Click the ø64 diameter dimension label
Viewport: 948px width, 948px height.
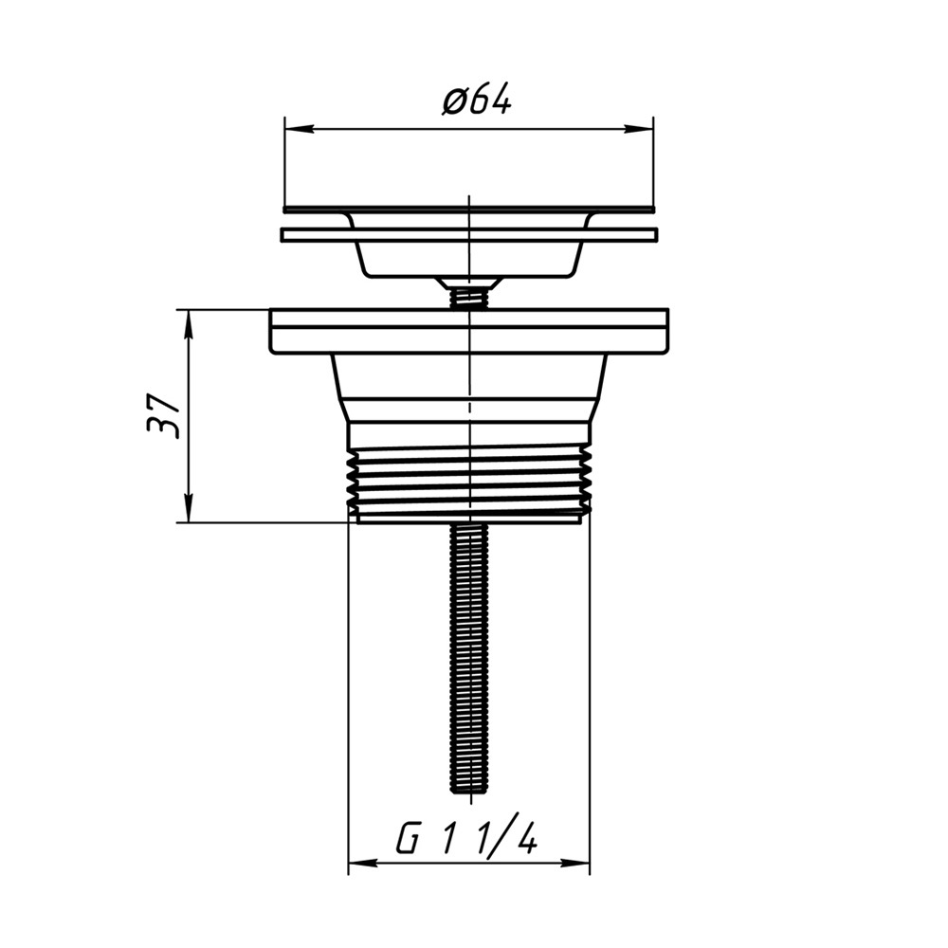477,100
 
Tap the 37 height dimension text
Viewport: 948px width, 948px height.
163,416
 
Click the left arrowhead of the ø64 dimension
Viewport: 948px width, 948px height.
300,129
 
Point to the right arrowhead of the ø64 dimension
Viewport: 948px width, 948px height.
639,129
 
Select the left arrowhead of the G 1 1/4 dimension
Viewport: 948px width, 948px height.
363,863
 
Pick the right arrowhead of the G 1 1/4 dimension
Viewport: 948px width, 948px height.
575,863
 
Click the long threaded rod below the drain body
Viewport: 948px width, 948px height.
469,659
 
